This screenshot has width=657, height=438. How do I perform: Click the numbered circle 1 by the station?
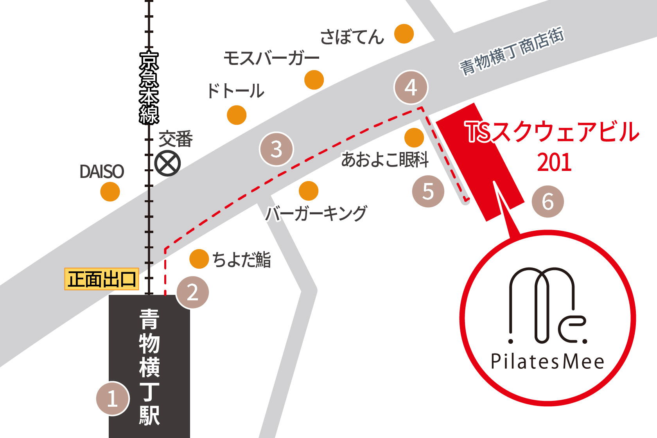(113, 399)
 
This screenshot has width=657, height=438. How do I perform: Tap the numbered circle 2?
(192, 292)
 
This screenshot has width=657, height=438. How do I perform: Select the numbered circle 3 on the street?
(276, 149)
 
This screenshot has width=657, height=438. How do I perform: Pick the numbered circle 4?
(411, 87)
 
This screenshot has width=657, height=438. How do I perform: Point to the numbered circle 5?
(428, 191)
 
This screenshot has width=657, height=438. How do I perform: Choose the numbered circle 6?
(548, 201)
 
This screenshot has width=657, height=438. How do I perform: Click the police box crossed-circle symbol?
(167, 163)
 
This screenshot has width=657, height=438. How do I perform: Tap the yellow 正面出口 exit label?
(102, 279)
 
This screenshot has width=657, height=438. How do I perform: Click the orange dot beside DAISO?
(110, 192)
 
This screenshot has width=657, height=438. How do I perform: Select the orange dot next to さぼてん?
(404, 34)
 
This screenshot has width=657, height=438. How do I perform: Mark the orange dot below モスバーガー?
(314, 80)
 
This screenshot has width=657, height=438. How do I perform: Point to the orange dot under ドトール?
(237, 115)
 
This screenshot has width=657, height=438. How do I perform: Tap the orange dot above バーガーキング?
(309, 191)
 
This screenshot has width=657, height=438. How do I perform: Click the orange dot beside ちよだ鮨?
(199, 259)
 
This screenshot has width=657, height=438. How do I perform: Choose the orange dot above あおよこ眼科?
(414, 137)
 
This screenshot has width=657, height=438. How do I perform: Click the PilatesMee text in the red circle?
(547, 361)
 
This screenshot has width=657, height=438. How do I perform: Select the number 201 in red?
(554, 162)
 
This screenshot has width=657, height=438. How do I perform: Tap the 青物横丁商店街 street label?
(512, 51)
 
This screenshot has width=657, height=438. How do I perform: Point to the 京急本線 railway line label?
(149, 88)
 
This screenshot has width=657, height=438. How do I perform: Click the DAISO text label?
(102, 172)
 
